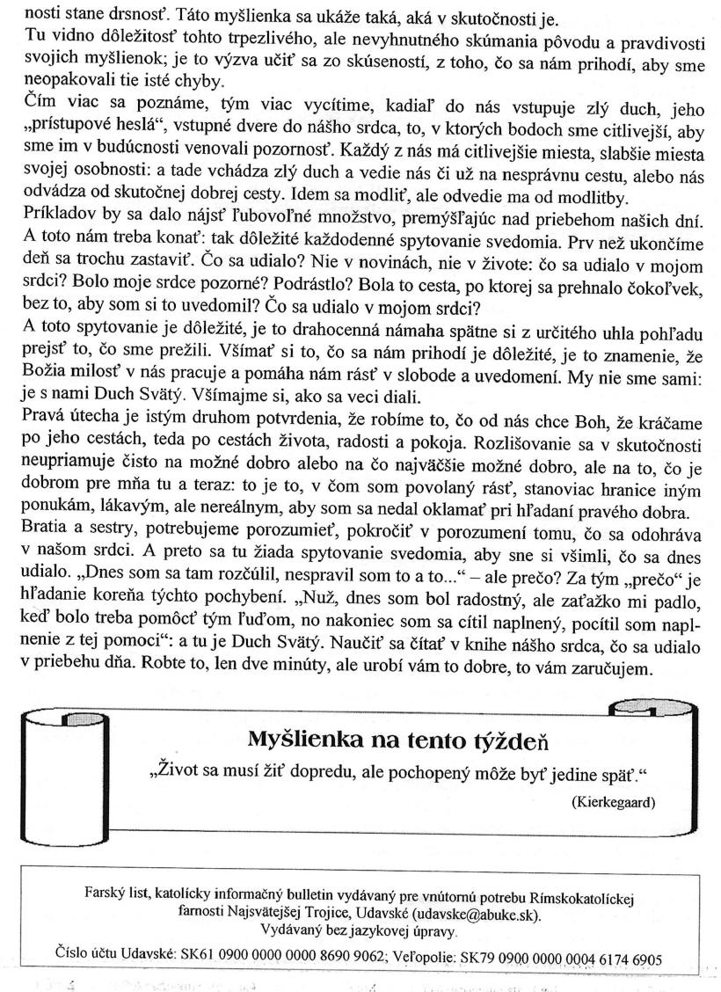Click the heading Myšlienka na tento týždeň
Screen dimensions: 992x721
[399, 736]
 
